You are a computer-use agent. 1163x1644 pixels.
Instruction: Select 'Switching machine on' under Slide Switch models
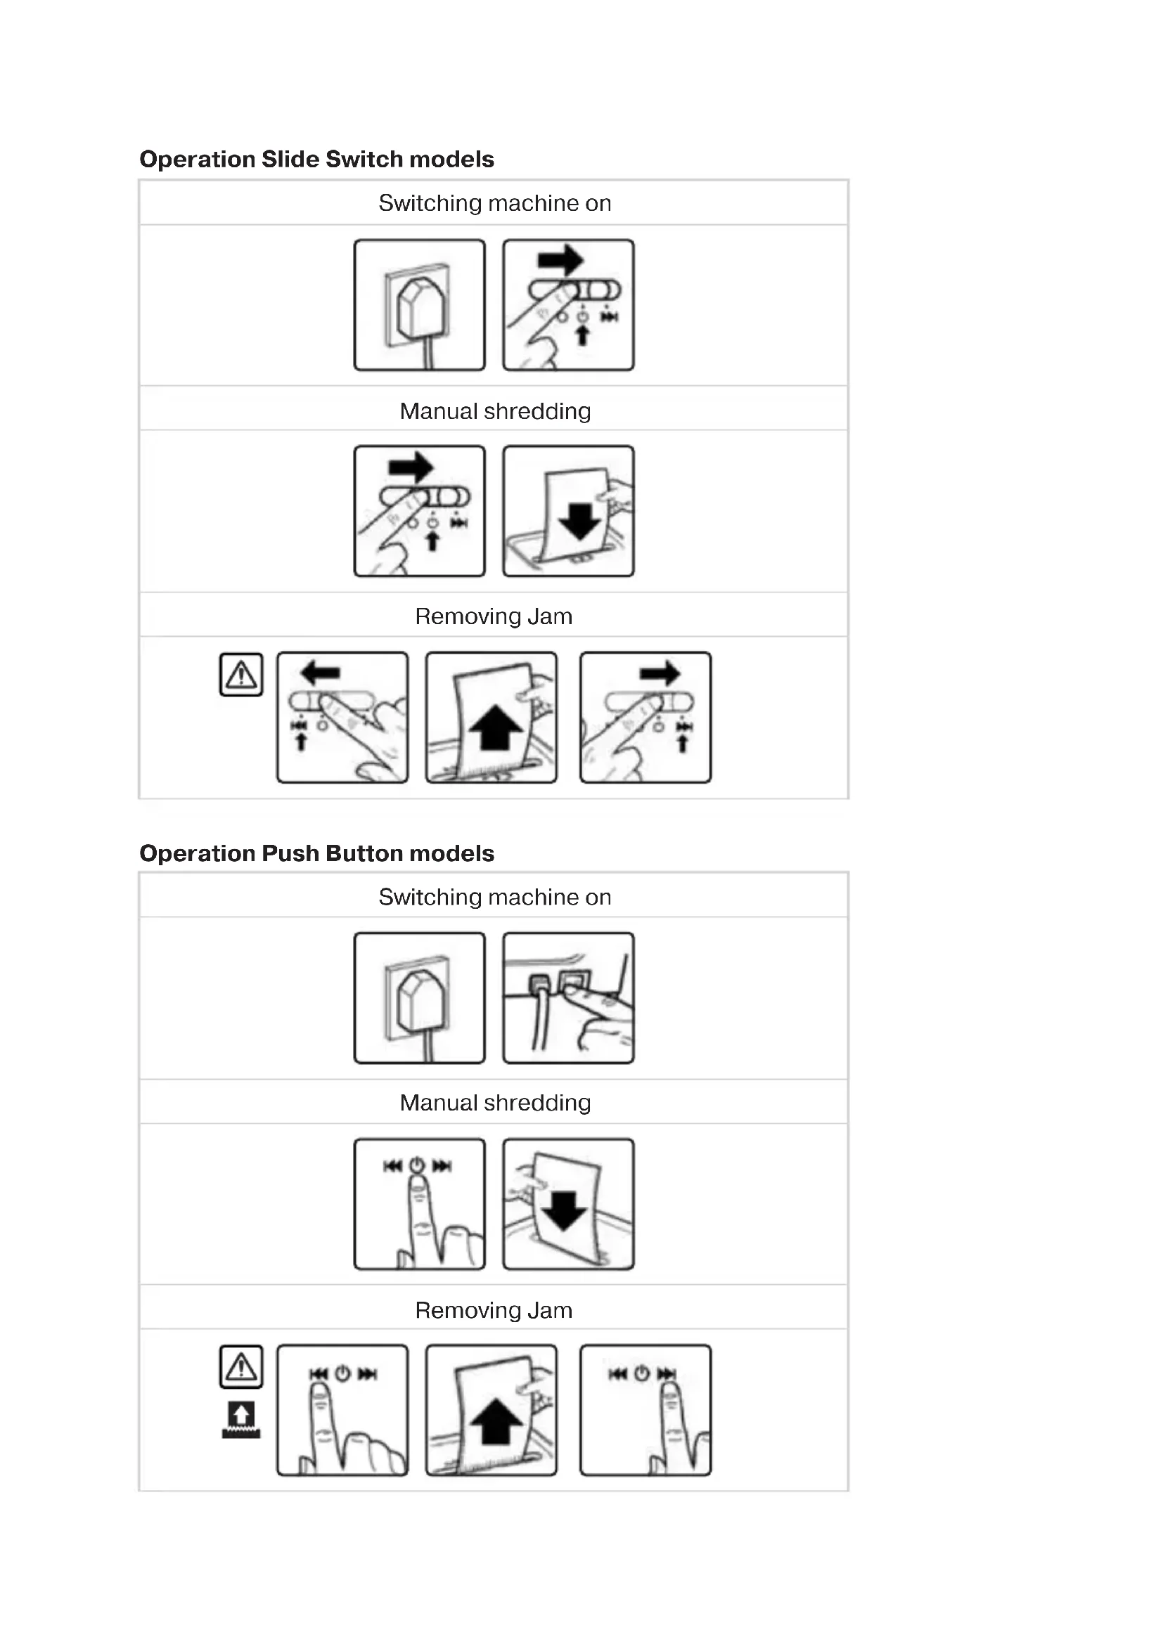[x=495, y=203]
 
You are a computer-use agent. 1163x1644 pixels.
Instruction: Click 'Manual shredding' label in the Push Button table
[x=495, y=1103]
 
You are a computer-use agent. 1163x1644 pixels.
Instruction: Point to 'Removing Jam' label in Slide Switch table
[x=494, y=616]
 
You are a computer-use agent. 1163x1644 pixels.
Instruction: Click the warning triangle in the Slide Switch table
[x=241, y=675]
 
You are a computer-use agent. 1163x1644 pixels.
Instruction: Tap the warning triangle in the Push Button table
[x=241, y=1366]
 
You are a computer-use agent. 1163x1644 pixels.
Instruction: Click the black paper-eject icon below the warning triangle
[x=241, y=1419]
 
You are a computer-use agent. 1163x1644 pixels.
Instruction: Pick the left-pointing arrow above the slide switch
[x=320, y=673]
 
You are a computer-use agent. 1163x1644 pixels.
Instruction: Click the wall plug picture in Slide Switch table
[x=420, y=305]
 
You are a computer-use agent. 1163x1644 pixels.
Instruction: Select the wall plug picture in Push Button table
[x=420, y=998]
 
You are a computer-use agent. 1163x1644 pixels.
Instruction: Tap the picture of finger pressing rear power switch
[x=569, y=998]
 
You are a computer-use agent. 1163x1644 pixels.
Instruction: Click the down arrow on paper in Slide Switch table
[x=580, y=521]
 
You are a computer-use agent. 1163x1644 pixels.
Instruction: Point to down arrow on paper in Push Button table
[x=565, y=1212]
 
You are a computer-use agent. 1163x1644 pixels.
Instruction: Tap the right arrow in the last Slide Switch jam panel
[x=660, y=673]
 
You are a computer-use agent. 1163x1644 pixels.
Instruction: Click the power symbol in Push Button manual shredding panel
[x=417, y=1165]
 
